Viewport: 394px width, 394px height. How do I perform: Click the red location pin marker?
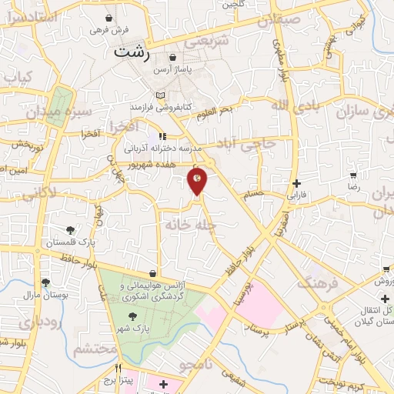tap(197, 182)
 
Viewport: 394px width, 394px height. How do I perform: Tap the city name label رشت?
tap(132, 52)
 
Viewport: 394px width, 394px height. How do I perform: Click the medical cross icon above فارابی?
tap(297, 183)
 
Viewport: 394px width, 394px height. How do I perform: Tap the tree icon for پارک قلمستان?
tap(71, 230)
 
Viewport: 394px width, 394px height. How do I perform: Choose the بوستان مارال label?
tap(45, 295)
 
